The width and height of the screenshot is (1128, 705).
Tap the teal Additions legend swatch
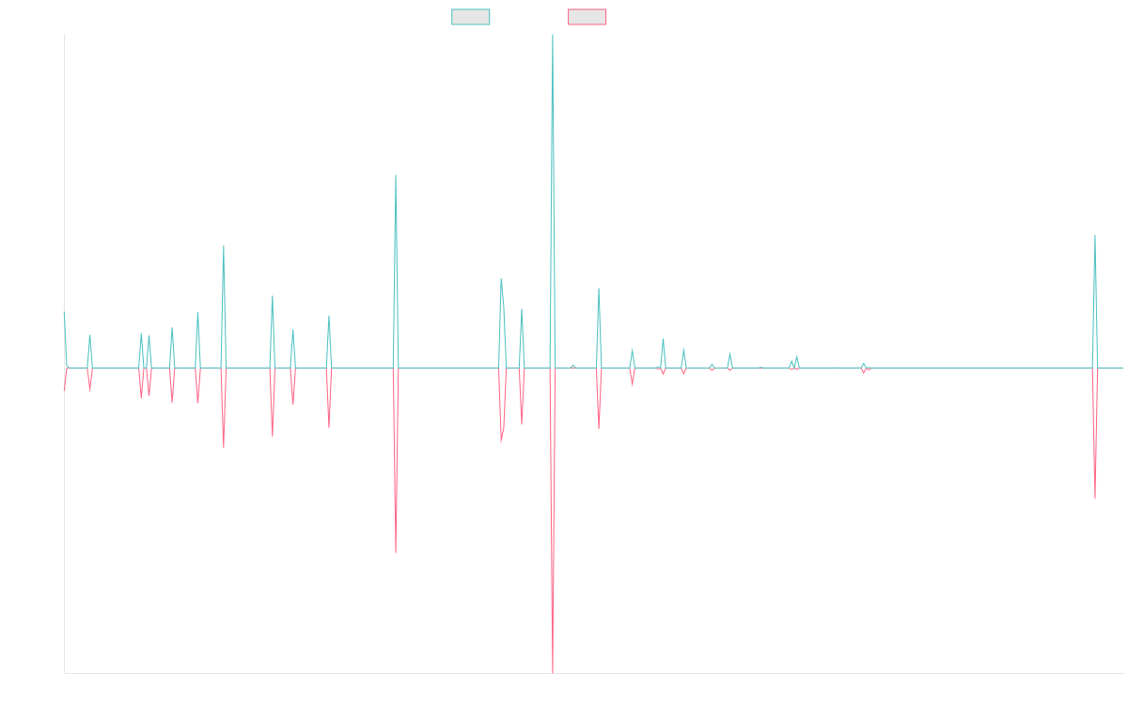(471, 17)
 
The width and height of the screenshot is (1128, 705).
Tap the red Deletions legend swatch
(588, 17)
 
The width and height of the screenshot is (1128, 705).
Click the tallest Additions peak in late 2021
(553, 36)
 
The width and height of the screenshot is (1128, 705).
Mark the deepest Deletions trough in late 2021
(553, 671)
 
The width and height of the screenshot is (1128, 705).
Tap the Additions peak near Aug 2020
(395, 176)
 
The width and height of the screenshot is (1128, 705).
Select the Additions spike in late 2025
(1095, 236)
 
